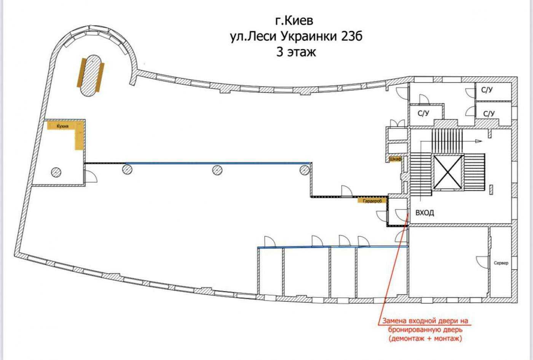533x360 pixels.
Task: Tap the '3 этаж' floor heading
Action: [x=296, y=52]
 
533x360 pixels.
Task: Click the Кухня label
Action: [x=62, y=126]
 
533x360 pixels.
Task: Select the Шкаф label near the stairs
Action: [x=395, y=159]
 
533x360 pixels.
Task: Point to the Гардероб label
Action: [x=372, y=201]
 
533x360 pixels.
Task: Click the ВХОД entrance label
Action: [x=425, y=213]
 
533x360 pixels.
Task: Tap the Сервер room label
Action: [x=501, y=263]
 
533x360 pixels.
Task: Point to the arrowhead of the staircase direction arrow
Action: [x=479, y=141]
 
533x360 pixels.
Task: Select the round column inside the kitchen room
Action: [x=56, y=172]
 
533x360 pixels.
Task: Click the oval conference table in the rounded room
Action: [x=91, y=76]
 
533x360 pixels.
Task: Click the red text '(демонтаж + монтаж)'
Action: [x=425, y=338]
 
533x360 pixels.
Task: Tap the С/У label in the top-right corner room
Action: [x=487, y=90]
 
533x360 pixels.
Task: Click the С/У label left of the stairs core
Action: [x=423, y=113]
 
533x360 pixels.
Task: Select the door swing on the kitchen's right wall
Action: [x=91, y=177]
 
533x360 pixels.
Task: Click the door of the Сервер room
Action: [x=482, y=262]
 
